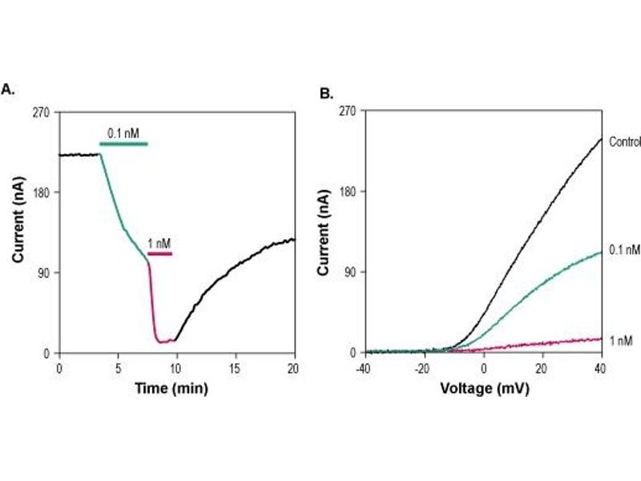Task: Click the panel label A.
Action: [8, 90]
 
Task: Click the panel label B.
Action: [326, 94]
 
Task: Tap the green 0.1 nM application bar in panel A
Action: [123, 143]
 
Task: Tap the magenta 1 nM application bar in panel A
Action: [159, 253]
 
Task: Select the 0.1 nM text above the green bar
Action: [124, 132]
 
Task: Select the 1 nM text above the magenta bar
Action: [159, 242]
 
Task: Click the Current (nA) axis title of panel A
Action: [17, 231]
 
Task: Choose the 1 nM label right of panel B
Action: [621, 341]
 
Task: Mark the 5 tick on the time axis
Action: [118, 366]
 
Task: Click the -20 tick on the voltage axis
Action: [423, 366]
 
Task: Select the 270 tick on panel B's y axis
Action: [346, 111]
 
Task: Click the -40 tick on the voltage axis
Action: [363, 366]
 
